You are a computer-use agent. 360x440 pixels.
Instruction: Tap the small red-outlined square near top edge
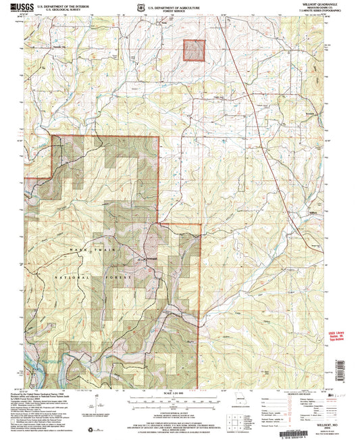pyautogui.click(x=195, y=51)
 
